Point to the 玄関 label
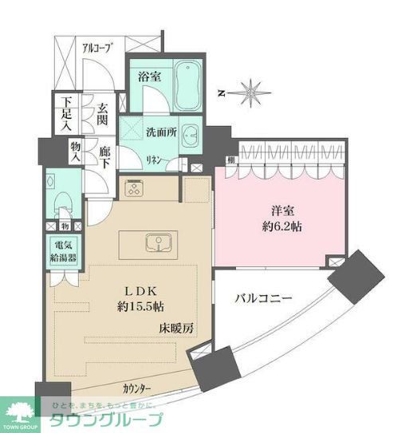point(104,116)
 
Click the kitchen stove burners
point(134,189)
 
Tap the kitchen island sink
point(155,242)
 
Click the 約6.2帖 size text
point(283,226)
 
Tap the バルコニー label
point(263,298)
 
